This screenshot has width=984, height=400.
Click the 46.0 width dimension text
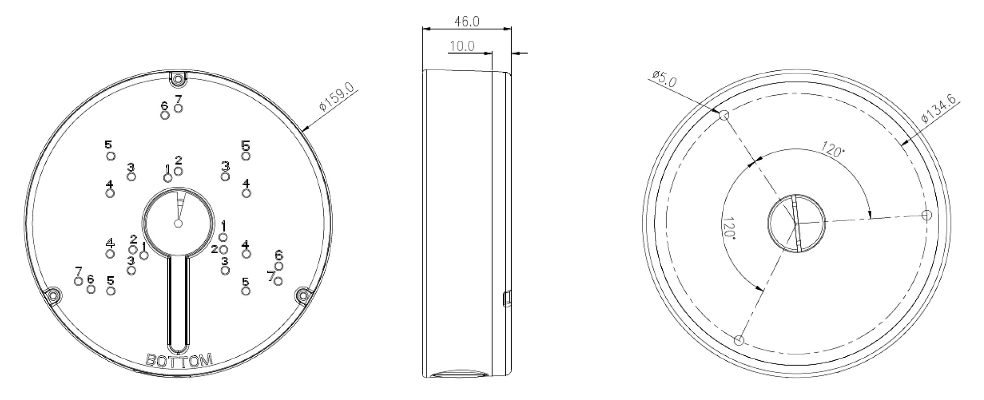pyautogui.click(x=467, y=22)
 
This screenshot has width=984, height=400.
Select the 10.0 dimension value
pyautogui.click(x=462, y=46)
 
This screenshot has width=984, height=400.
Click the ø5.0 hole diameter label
pyautogui.click(x=664, y=79)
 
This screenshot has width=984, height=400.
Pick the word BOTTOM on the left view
pyautogui.click(x=180, y=360)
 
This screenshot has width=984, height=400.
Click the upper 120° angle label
pyautogui.click(x=833, y=149)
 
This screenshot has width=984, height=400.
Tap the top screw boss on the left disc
pyautogui.click(x=178, y=77)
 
